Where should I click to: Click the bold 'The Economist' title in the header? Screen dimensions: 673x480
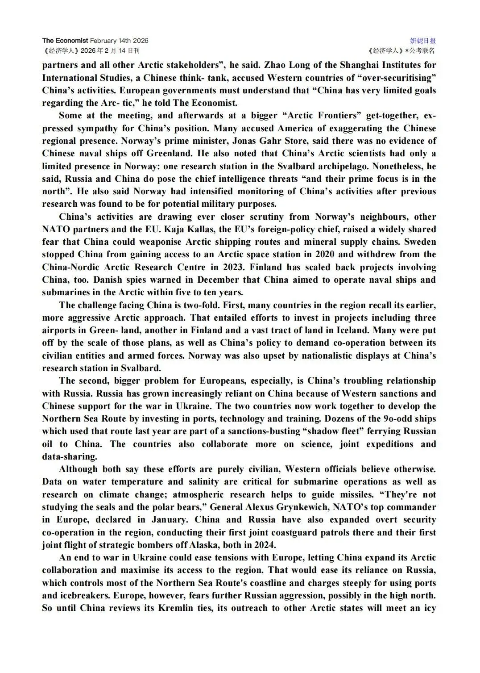[65, 41]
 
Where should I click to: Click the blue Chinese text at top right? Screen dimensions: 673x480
[423, 41]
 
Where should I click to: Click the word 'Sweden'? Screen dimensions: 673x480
[419, 242]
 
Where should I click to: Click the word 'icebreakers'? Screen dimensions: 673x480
[85, 596]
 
